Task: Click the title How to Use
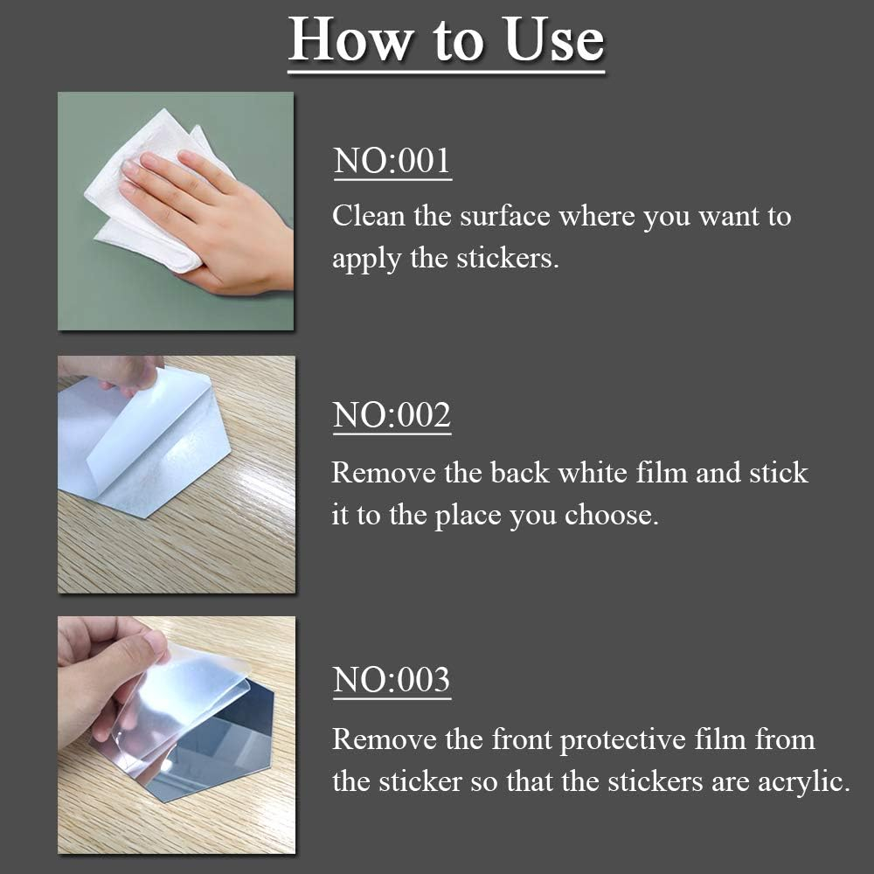(446, 39)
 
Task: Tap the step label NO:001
(392, 161)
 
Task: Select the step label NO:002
(392, 415)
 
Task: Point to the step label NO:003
(392, 679)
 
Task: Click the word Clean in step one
(369, 215)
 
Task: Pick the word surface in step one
(505, 215)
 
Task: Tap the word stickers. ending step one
(508, 259)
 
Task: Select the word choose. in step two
(612, 515)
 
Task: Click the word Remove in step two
(384, 472)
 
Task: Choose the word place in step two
(468, 516)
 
